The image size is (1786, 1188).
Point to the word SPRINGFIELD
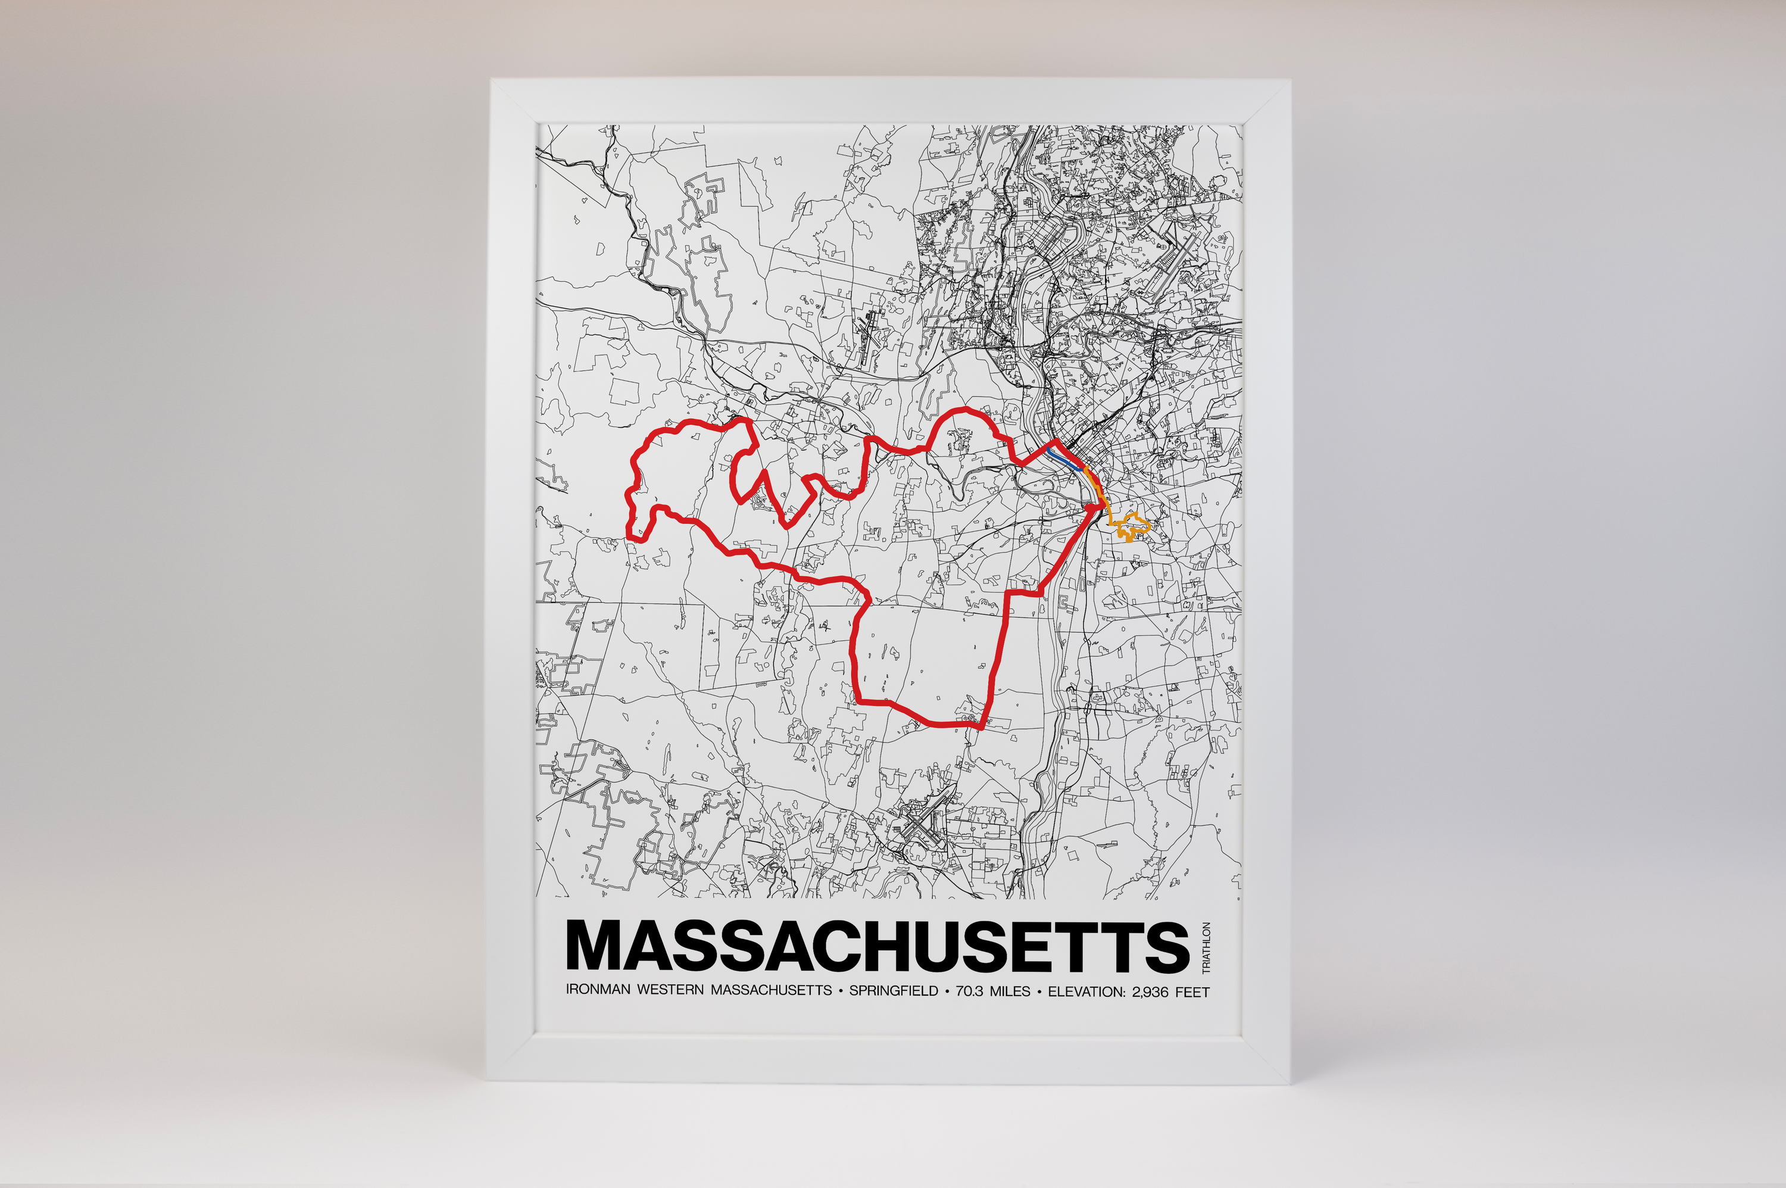893,991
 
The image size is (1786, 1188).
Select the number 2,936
1151,991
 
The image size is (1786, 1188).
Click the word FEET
1193,991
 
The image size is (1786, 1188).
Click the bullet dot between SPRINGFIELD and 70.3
947,991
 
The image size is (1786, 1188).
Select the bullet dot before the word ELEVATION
1039,991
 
